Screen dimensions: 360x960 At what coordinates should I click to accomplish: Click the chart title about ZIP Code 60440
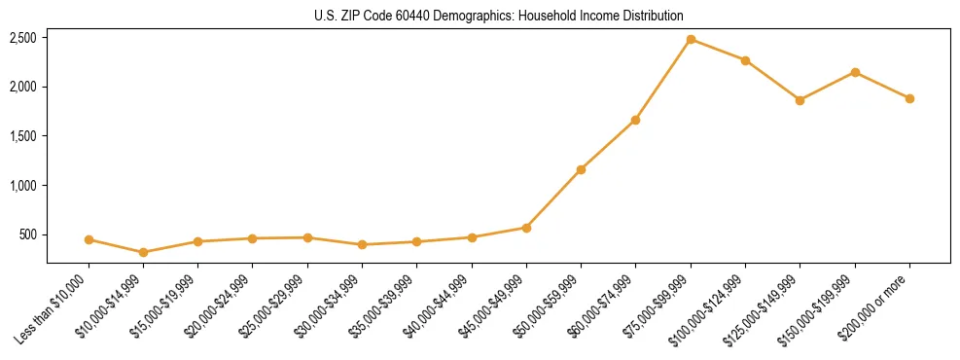[x=498, y=16]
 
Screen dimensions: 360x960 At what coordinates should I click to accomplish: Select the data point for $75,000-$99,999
[x=691, y=39]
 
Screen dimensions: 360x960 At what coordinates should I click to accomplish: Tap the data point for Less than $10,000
[x=89, y=239]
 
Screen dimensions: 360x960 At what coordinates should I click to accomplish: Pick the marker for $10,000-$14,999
[x=144, y=252]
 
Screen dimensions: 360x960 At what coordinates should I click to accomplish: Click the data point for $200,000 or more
[x=909, y=98]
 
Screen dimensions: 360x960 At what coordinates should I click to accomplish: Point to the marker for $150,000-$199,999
[x=855, y=72]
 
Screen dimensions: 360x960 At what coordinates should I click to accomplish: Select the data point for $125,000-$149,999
[x=800, y=100]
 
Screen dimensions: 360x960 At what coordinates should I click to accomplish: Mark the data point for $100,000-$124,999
[x=745, y=60]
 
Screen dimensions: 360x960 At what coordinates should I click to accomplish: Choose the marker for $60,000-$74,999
[x=635, y=120]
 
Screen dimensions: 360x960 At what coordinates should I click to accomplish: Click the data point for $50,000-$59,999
[x=581, y=169]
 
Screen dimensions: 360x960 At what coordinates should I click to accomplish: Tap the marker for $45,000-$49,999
[x=526, y=228]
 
